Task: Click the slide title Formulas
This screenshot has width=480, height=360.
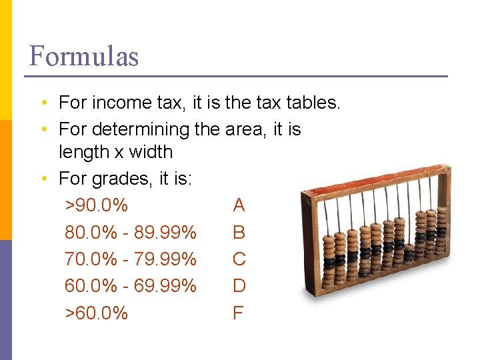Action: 84,56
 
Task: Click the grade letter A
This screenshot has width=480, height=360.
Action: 239,205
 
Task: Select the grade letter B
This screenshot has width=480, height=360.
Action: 239,233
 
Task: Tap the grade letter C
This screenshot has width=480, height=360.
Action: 239,259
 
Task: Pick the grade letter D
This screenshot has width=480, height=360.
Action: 239,286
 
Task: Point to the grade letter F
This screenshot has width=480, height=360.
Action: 238,313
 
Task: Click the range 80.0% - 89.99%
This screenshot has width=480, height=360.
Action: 131,233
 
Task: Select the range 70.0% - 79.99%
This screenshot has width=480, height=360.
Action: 131,259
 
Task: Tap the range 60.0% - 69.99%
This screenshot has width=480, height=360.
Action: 131,286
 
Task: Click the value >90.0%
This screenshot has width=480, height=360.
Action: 96,205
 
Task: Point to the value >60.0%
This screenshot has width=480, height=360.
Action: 96,313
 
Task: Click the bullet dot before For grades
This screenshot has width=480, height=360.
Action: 42,179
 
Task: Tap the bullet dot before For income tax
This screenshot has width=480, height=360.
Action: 42,103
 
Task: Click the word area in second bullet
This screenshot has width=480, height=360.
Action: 245,129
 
